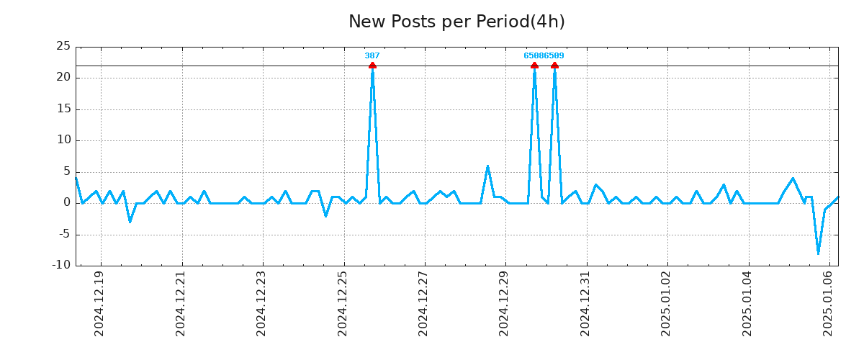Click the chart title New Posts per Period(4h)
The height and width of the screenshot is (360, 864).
point(456,22)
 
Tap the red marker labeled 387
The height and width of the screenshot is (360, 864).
point(372,66)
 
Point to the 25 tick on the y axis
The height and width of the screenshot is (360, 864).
point(63,47)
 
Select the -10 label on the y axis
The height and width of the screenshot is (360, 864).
point(61,265)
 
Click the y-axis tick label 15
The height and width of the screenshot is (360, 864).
point(63,109)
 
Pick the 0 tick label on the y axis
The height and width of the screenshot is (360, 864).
point(67,203)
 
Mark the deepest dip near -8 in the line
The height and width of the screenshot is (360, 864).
point(818,253)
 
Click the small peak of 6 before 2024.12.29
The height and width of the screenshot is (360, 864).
point(487,166)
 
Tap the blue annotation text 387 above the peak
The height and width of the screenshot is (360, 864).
point(372,55)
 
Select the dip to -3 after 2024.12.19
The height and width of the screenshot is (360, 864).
point(130,221)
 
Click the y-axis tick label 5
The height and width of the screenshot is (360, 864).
point(67,171)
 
